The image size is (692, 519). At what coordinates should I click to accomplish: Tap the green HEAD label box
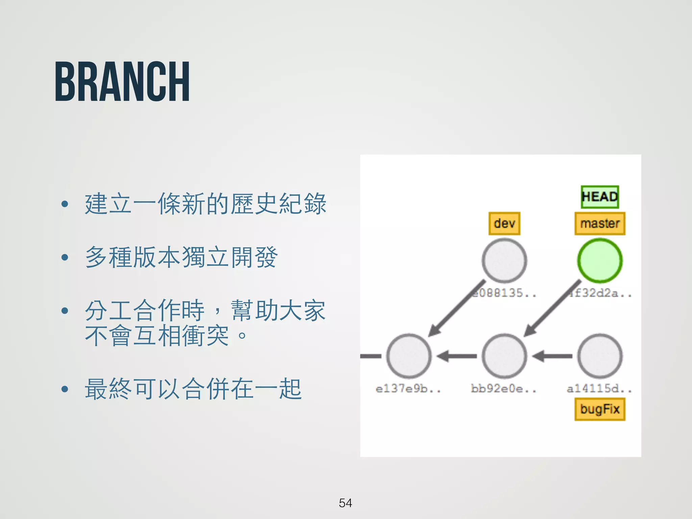point(600,197)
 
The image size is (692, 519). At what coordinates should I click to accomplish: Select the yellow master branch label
point(600,223)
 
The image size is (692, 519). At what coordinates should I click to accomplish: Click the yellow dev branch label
point(504,223)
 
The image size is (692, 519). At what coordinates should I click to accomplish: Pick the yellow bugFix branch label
point(600,409)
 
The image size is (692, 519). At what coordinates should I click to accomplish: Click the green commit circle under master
point(600,261)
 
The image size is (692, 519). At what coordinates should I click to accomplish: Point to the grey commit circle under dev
point(504,261)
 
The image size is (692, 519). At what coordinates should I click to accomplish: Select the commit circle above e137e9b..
point(409,356)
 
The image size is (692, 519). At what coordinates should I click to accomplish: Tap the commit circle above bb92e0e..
point(504,356)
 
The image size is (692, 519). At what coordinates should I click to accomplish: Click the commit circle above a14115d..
point(600,356)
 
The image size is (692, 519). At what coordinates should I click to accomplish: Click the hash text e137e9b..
point(408,389)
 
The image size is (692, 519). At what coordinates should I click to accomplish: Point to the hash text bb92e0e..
point(503,389)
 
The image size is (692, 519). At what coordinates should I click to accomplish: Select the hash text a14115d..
point(599,389)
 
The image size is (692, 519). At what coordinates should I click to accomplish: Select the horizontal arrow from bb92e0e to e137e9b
point(456,356)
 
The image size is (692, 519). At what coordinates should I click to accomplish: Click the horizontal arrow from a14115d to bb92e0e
point(552,356)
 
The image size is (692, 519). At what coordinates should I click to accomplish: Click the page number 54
point(345,503)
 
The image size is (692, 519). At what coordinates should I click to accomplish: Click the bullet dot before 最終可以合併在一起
point(65,389)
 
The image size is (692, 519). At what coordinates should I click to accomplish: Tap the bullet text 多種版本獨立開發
point(181,257)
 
